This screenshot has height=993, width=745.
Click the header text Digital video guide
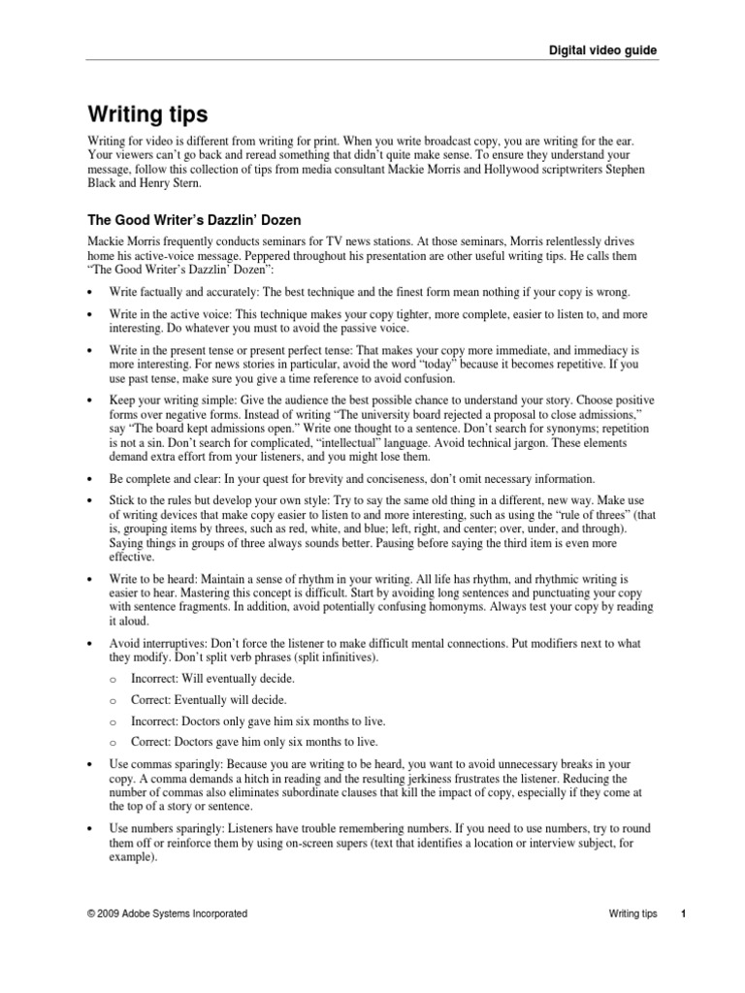point(604,49)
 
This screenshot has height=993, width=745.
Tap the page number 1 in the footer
point(683,913)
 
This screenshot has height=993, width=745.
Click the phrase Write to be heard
point(155,578)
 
